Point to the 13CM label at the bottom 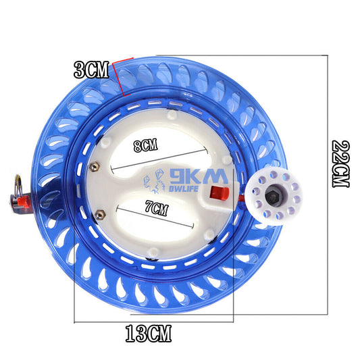[x=149, y=332]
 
